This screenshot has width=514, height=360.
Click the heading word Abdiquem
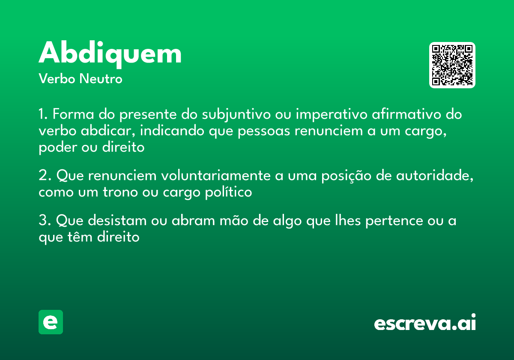tap(110, 54)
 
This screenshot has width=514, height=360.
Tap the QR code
tap(452, 65)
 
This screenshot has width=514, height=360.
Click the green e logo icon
tap(51, 322)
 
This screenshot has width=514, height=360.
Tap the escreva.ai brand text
tap(425, 323)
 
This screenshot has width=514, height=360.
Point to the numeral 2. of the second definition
tap(45, 176)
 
